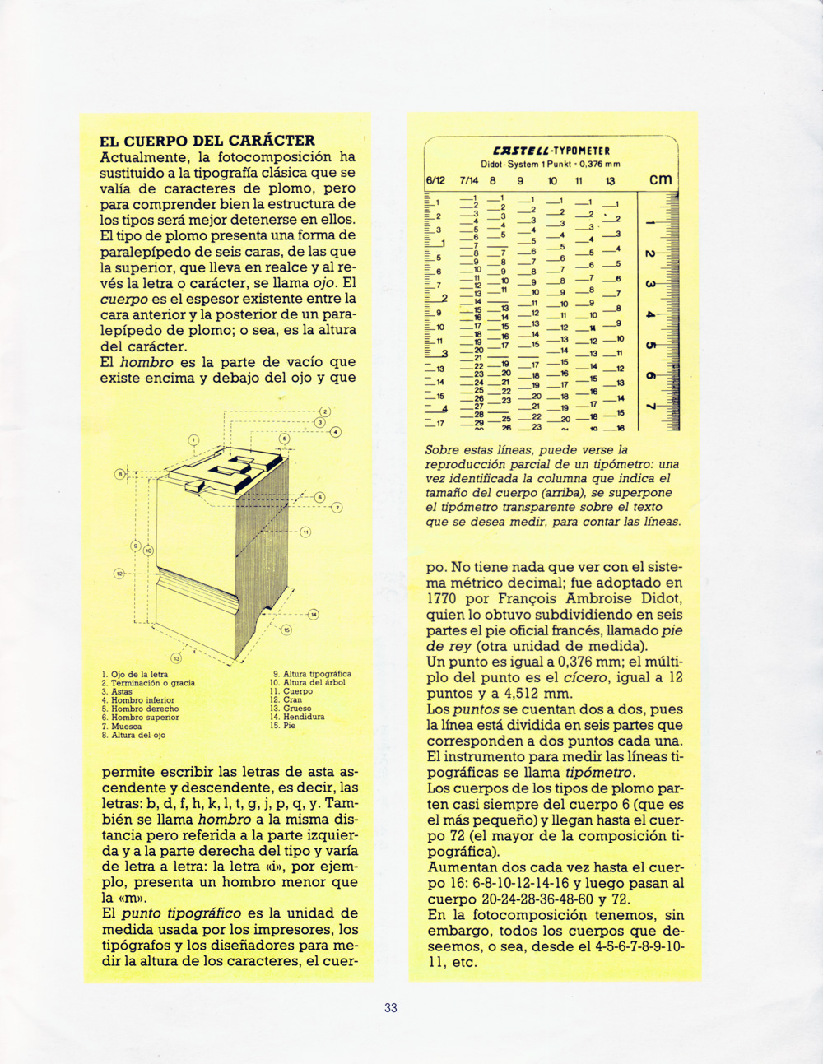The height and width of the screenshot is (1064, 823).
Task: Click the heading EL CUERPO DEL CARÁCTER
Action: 207,141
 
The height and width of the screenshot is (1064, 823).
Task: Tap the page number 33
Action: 391,1008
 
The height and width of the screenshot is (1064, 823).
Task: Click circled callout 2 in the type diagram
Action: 325,411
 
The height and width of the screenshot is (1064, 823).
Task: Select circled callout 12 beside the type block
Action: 119,574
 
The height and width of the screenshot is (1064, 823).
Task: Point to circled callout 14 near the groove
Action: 314,614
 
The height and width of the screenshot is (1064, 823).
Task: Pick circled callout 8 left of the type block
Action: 119,474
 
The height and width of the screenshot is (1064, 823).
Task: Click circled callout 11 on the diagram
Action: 305,532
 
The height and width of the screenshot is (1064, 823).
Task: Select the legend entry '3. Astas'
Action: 117,692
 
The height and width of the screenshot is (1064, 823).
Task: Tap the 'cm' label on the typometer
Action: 660,179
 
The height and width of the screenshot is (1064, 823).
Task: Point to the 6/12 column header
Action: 435,181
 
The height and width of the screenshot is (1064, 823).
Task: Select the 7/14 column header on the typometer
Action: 468,181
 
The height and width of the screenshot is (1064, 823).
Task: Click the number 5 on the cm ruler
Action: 649,346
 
